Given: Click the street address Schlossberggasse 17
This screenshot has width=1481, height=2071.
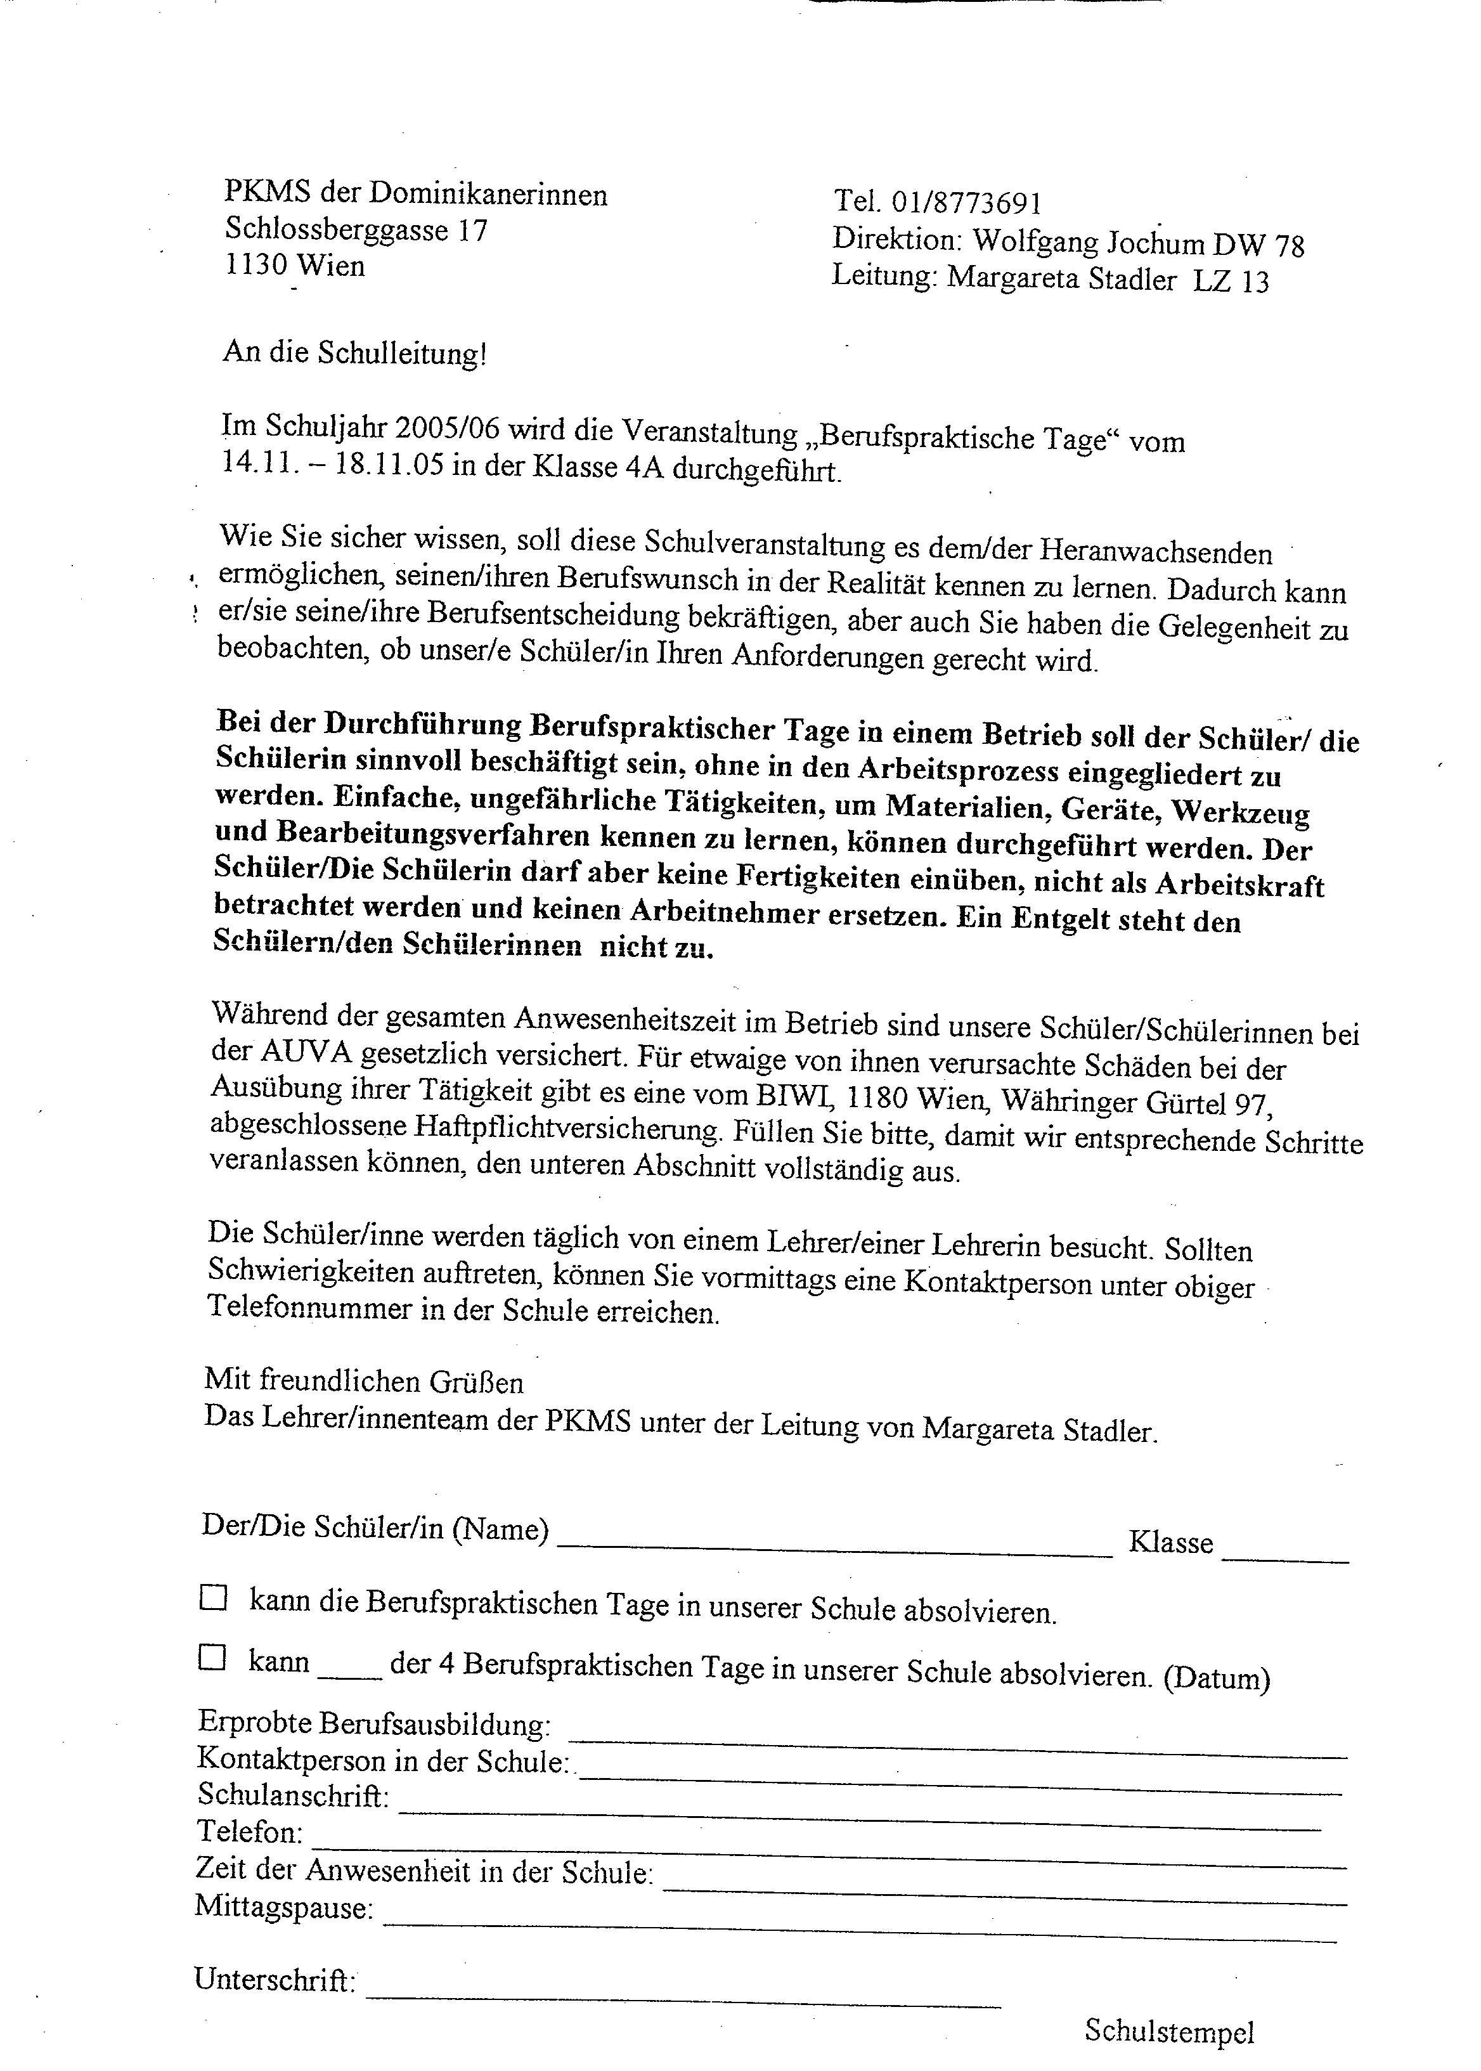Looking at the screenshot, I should click(x=356, y=230).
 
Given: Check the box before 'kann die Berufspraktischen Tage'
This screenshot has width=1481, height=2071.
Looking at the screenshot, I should click(x=212, y=1599).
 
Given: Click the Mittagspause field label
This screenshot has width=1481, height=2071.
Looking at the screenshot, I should click(x=283, y=1906).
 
